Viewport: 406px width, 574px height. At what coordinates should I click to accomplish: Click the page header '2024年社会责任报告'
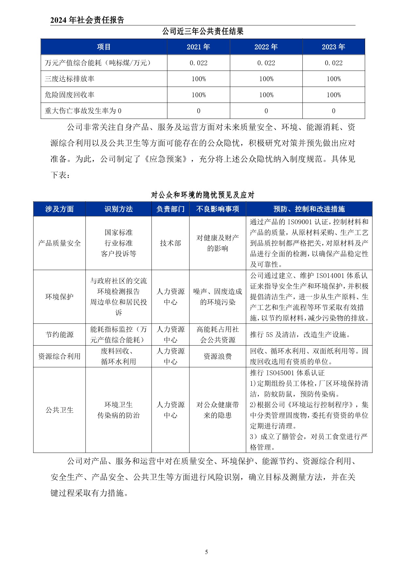tap(87, 20)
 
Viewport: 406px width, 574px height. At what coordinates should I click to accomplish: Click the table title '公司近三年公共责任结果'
tap(203, 31)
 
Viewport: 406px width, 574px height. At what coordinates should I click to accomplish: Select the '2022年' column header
tap(266, 47)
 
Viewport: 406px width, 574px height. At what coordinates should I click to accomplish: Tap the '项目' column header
tap(104, 47)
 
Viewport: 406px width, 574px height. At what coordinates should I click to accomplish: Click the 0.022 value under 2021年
tap(199, 63)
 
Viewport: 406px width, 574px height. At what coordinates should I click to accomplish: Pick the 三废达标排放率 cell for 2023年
tap(333, 79)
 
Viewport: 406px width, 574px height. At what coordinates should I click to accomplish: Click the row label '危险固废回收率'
tap(70, 95)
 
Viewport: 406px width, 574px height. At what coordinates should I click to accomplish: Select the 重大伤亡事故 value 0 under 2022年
tap(266, 111)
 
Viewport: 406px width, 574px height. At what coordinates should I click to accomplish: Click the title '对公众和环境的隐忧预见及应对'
tap(203, 195)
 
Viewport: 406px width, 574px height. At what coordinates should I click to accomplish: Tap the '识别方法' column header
tap(118, 209)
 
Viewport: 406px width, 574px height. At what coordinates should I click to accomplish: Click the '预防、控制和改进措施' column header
tap(309, 209)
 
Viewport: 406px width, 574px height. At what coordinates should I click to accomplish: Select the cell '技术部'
tap(170, 243)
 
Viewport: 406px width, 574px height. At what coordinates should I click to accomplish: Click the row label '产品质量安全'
tap(59, 243)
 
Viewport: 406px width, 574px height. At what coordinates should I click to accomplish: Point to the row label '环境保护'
tap(59, 297)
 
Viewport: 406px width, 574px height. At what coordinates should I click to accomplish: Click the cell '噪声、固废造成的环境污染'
tap(218, 297)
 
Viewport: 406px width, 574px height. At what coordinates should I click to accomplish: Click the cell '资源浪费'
tap(218, 356)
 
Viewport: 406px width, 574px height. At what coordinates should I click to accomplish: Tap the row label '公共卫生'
tap(59, 410)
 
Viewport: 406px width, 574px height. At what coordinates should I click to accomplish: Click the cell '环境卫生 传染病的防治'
tap(118, 410)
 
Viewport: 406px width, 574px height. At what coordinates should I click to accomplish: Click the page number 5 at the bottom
tap(206, 552)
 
